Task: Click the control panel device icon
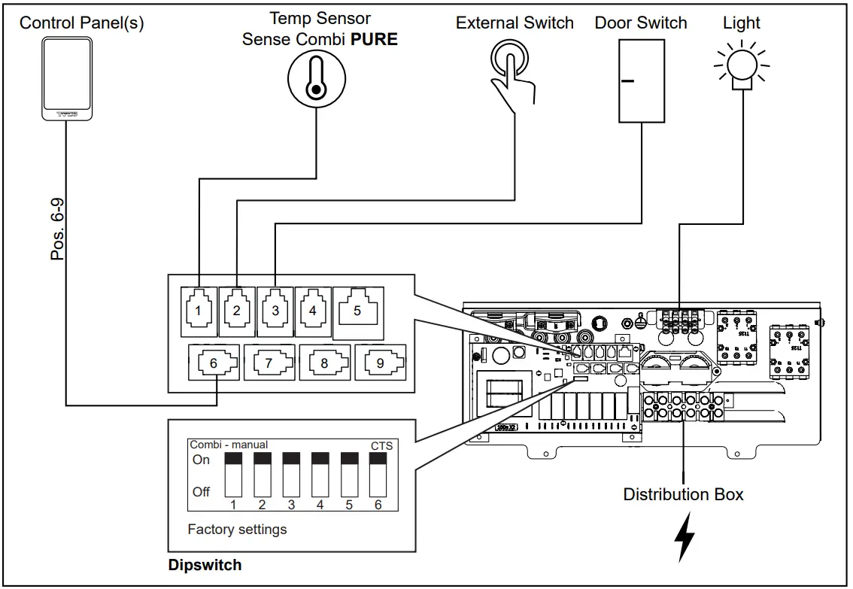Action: point(67,78)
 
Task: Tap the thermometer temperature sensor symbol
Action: point(317,81)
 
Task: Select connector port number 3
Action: point(275,309)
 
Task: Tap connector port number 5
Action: point(357,309)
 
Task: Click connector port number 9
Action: point(380,363)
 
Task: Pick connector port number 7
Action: point(269,363)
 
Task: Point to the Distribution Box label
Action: point(683,494)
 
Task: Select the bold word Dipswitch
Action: point(205,565)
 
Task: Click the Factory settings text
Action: point(237,530)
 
